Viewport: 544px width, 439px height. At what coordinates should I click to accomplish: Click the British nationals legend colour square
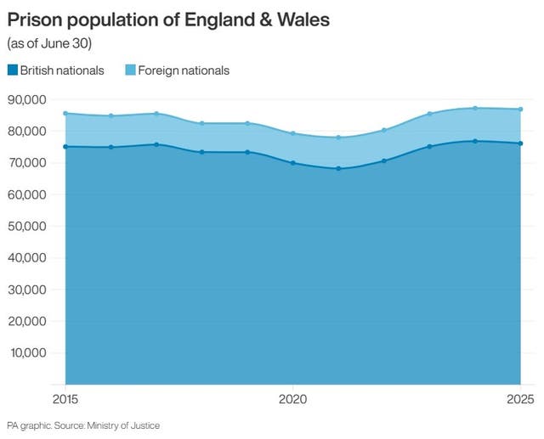pos(13,70)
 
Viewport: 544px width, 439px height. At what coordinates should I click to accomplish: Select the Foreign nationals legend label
pos(184,70)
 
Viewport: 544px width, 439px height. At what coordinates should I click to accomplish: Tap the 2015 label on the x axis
pos(65,398)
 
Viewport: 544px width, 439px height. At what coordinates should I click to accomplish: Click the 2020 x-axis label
pos(292,398)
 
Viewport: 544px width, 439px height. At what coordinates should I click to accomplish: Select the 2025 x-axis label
pos(519,398)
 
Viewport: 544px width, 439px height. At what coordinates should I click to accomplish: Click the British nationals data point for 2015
pos(65,147)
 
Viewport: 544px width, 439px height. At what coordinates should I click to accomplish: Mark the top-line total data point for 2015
pos(65,113)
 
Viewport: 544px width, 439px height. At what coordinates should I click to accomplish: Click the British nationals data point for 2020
pos(292,163)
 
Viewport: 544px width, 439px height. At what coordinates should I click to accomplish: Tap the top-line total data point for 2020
pos(292,133)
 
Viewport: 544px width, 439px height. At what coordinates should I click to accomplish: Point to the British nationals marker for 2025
pos(520,144)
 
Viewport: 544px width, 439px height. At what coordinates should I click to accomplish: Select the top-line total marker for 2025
pos(520,109)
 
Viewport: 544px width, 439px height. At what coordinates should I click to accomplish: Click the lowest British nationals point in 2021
pos(338,168)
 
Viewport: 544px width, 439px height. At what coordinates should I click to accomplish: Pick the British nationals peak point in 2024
pos(474,141)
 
